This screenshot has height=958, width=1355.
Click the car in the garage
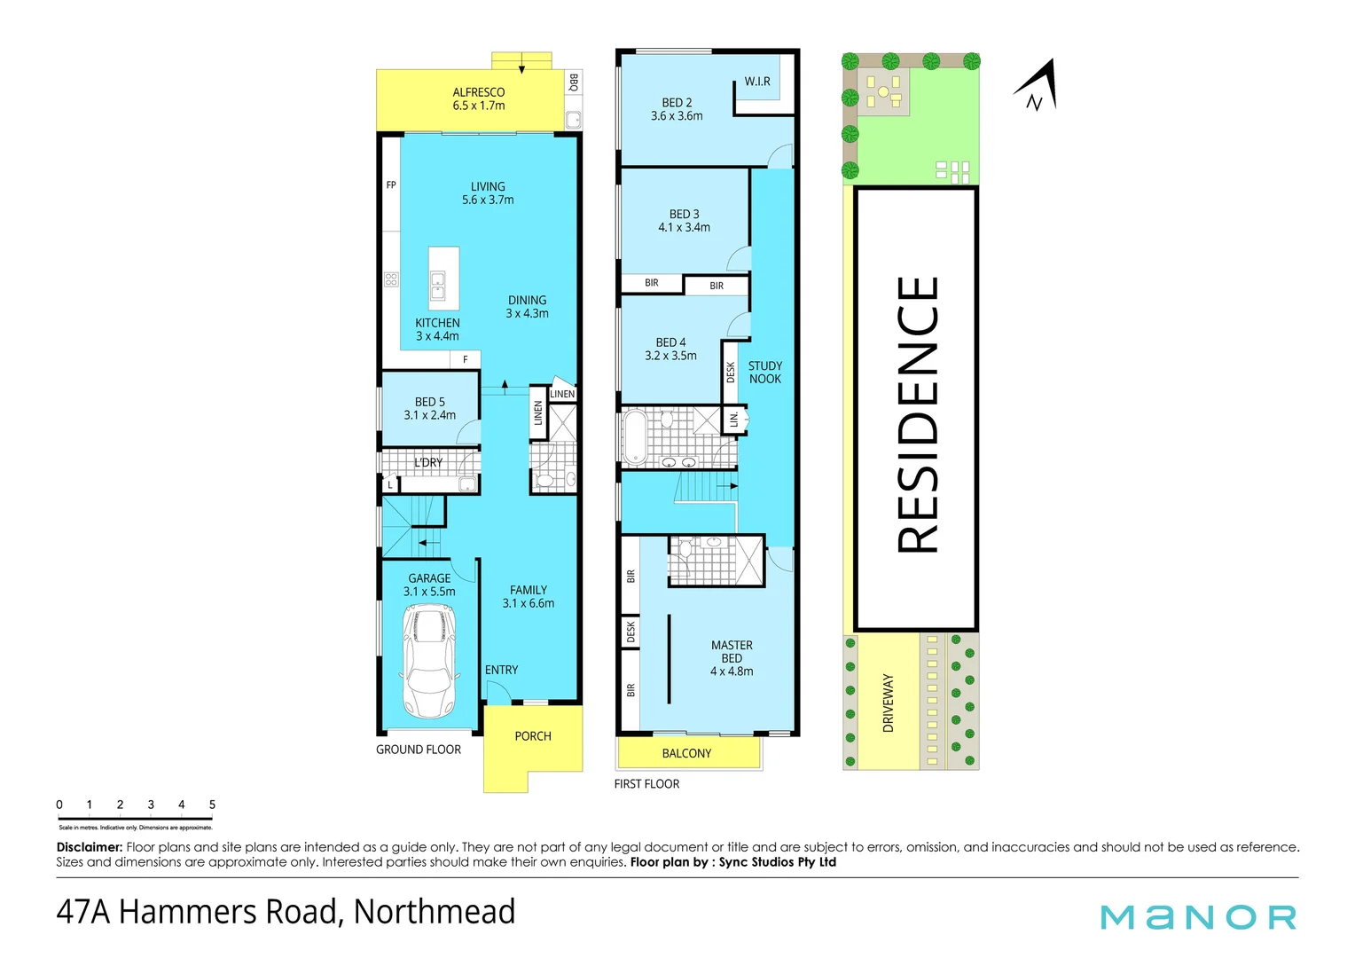pyautogui.click(x=429, y=662)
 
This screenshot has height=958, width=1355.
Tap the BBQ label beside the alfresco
pyautogui.click(x=574, y=82)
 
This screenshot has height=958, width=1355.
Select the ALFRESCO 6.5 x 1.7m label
pyautogui.click(x=478, y=98)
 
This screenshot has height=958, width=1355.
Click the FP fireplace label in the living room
pyautogui.click(x=391, y=185)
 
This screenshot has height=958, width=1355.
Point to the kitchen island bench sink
pyautogui.click(x=438, y=286)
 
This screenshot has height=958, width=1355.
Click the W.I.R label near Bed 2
pyautogui.click(x=757, y=82)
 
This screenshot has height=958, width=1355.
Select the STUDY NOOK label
pyautogui.click(x=764, y=373)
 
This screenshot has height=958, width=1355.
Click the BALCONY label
pyautogui.click(x=686, y=753)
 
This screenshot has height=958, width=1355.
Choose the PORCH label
pyautogui.click(x=533, y=736)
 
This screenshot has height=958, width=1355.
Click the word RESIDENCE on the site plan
pyautogui.click(x=917, y=414)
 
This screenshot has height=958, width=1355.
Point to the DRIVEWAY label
pyautogui.click(x=888, y=703)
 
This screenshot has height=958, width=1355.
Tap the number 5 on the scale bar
pyautogui.click(x=212, y=805)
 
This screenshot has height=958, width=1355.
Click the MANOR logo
pyautogui.click(x=1198, y=917)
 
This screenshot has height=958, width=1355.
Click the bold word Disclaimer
pyautogui.click(x=89, y=847)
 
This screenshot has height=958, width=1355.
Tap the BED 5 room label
pyautogui.click(x=430, y=408)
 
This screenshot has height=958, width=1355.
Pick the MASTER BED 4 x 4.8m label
pyautogui.click(x=732, y=658)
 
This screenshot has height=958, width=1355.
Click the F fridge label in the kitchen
pyautogui.click(x=465, y=359)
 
